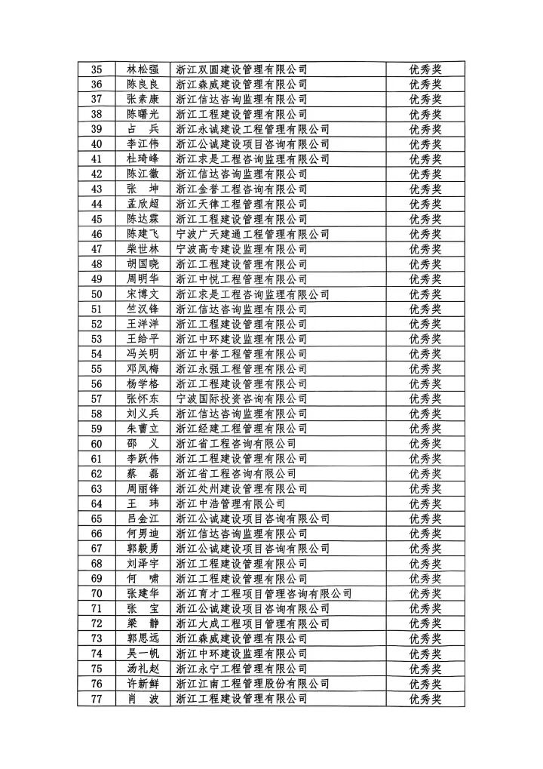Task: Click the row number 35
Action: (97, 69)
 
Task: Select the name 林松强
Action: (143, 69)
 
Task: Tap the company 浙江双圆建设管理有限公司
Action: (241, 69)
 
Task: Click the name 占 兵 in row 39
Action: (143, 129)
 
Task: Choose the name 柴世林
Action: (143, 249)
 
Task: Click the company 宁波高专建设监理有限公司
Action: (241, 249)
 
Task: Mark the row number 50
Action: (97, 294)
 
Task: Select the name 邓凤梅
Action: (143, 369)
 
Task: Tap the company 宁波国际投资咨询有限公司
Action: (241, 398)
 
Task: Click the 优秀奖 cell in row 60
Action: (425, 444)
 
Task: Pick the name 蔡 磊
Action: (143, 473)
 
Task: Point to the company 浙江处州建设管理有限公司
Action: (241, 488)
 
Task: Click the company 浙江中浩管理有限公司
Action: (230, 503)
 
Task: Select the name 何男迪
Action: (143, 534)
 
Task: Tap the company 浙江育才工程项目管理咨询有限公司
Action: (263, 593)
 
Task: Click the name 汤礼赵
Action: (143, 668)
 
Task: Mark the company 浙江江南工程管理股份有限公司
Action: (252, 683)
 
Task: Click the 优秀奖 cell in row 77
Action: (425, 698)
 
